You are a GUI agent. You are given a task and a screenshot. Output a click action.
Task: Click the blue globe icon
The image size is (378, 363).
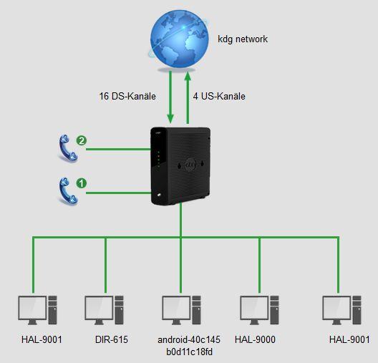pyautogui.click(x=180, y=39)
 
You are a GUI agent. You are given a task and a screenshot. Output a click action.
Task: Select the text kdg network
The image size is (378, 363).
pyautogui.click(x=243, y=39)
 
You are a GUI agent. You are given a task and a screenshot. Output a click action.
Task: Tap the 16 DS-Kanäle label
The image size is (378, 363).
pyautogui.click(x=127, y=96)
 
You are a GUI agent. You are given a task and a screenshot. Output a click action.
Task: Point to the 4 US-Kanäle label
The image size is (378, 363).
pyautogui.click(x=219, y=96)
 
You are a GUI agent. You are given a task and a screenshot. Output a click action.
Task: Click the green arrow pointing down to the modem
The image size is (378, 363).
pyautogui.click(x=170, y=97)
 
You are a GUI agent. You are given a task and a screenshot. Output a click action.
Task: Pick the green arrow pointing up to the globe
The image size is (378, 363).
pyautogui.click(x=188, y=98)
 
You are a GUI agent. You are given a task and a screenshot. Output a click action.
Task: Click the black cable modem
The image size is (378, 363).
pyautogui.click(x=180, y=166)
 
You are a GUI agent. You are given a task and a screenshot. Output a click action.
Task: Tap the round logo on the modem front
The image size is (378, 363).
pyautogui.click(x=191, y=165)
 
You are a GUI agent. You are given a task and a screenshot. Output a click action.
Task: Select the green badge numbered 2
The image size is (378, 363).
pyautogui.click(x=82, y=140)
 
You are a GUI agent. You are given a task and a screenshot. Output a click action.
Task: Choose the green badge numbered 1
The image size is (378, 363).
pyautogui.click(x=82, y=183)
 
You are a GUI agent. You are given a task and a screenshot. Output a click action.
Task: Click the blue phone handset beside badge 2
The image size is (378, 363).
pyautogui.click(x=68, y=147)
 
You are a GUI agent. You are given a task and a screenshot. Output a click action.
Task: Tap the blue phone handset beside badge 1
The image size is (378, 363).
pyautogui.click(x=68, y=191)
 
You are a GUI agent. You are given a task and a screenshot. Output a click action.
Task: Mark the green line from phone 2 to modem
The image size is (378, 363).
pyautogui.click(x=118, y=150)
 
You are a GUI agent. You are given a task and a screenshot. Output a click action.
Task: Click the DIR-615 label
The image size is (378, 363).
pyautogui.click(x=112, y=339)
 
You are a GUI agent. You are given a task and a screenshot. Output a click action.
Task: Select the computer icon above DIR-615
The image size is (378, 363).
pyautogui.click(x=104, y=310)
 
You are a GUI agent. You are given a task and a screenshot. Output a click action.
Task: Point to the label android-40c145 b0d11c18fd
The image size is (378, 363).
pyautogui.click(x=189, y=346)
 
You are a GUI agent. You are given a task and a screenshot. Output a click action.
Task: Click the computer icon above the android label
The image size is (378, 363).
pyautogui.click(x=182, y=310)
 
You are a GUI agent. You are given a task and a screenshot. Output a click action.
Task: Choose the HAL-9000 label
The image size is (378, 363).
pyautogui.click(x=255, y=339)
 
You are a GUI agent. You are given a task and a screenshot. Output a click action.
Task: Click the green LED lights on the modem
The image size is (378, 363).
pyautogui.click(x=158, y=159)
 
